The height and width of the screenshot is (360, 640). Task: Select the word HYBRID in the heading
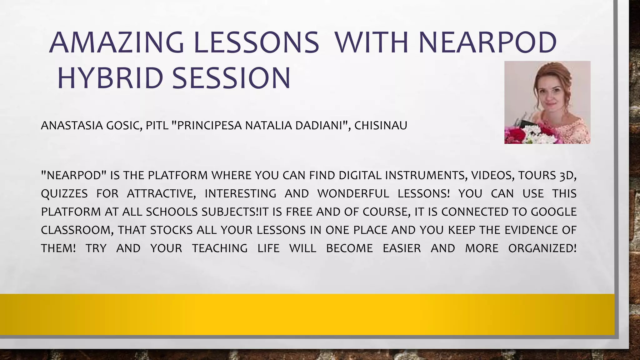110,78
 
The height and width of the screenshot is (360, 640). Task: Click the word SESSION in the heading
231,78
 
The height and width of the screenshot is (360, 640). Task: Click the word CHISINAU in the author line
381,126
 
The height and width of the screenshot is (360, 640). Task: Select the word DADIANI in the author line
321,126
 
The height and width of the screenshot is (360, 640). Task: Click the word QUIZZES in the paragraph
64,194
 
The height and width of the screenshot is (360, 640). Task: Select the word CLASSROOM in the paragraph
77,230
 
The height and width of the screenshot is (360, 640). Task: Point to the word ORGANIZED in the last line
542,248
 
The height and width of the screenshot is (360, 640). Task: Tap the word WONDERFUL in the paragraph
353,194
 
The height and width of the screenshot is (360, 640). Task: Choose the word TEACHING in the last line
220,248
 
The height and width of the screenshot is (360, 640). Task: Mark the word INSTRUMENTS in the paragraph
426,176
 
